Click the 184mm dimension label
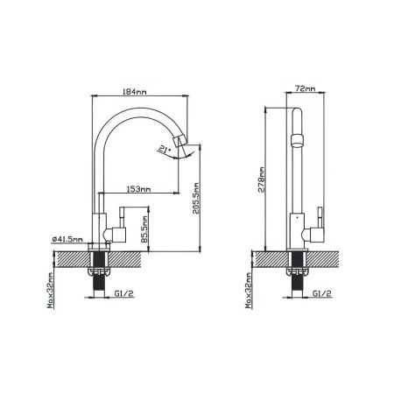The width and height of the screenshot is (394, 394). click(x=135, y=92)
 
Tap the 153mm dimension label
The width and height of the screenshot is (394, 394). click(x=138, y=189)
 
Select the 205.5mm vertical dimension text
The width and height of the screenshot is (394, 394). click(x=196, y=198)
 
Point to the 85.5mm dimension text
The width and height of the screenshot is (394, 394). click(x=144, y=229)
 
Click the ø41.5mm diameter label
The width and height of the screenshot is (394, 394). click(x=67, y=239)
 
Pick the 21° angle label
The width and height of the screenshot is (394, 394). click(x=164, y=150)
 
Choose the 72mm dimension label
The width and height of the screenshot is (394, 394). click(x=306, y=88)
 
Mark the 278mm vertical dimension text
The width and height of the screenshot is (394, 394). click(x=262, y=179)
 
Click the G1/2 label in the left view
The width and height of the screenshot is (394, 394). click(x=124, y=293)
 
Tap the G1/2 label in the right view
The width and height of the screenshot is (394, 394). click(x=322, y=293)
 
